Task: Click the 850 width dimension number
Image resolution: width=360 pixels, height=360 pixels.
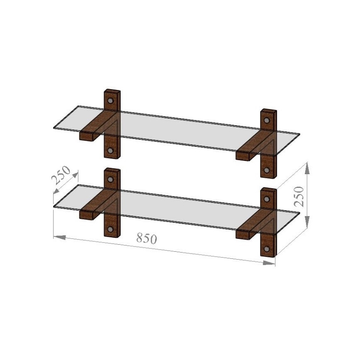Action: point(147,238)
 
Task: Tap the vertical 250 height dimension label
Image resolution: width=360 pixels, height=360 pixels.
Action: point(299,196)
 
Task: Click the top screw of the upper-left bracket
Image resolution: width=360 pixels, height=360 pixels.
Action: point(110,101)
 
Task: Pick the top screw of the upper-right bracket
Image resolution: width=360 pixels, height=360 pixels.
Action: point(266,121)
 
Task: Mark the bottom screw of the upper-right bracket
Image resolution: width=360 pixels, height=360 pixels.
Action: point(266,170)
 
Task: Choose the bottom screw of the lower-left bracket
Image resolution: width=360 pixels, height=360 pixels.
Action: point(110,229)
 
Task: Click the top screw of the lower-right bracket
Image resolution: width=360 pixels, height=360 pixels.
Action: point(266,199)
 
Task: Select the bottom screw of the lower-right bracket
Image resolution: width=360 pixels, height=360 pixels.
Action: point(266,249)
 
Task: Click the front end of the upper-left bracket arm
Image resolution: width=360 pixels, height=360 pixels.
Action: point(86,136)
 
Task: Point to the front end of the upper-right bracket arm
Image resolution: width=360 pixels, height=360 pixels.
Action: point(243,156)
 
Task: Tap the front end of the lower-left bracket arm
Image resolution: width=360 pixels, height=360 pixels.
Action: point(86,214)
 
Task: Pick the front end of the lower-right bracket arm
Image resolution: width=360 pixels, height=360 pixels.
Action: point(243,234)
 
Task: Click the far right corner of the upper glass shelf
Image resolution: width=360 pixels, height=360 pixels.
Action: point(299,134)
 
